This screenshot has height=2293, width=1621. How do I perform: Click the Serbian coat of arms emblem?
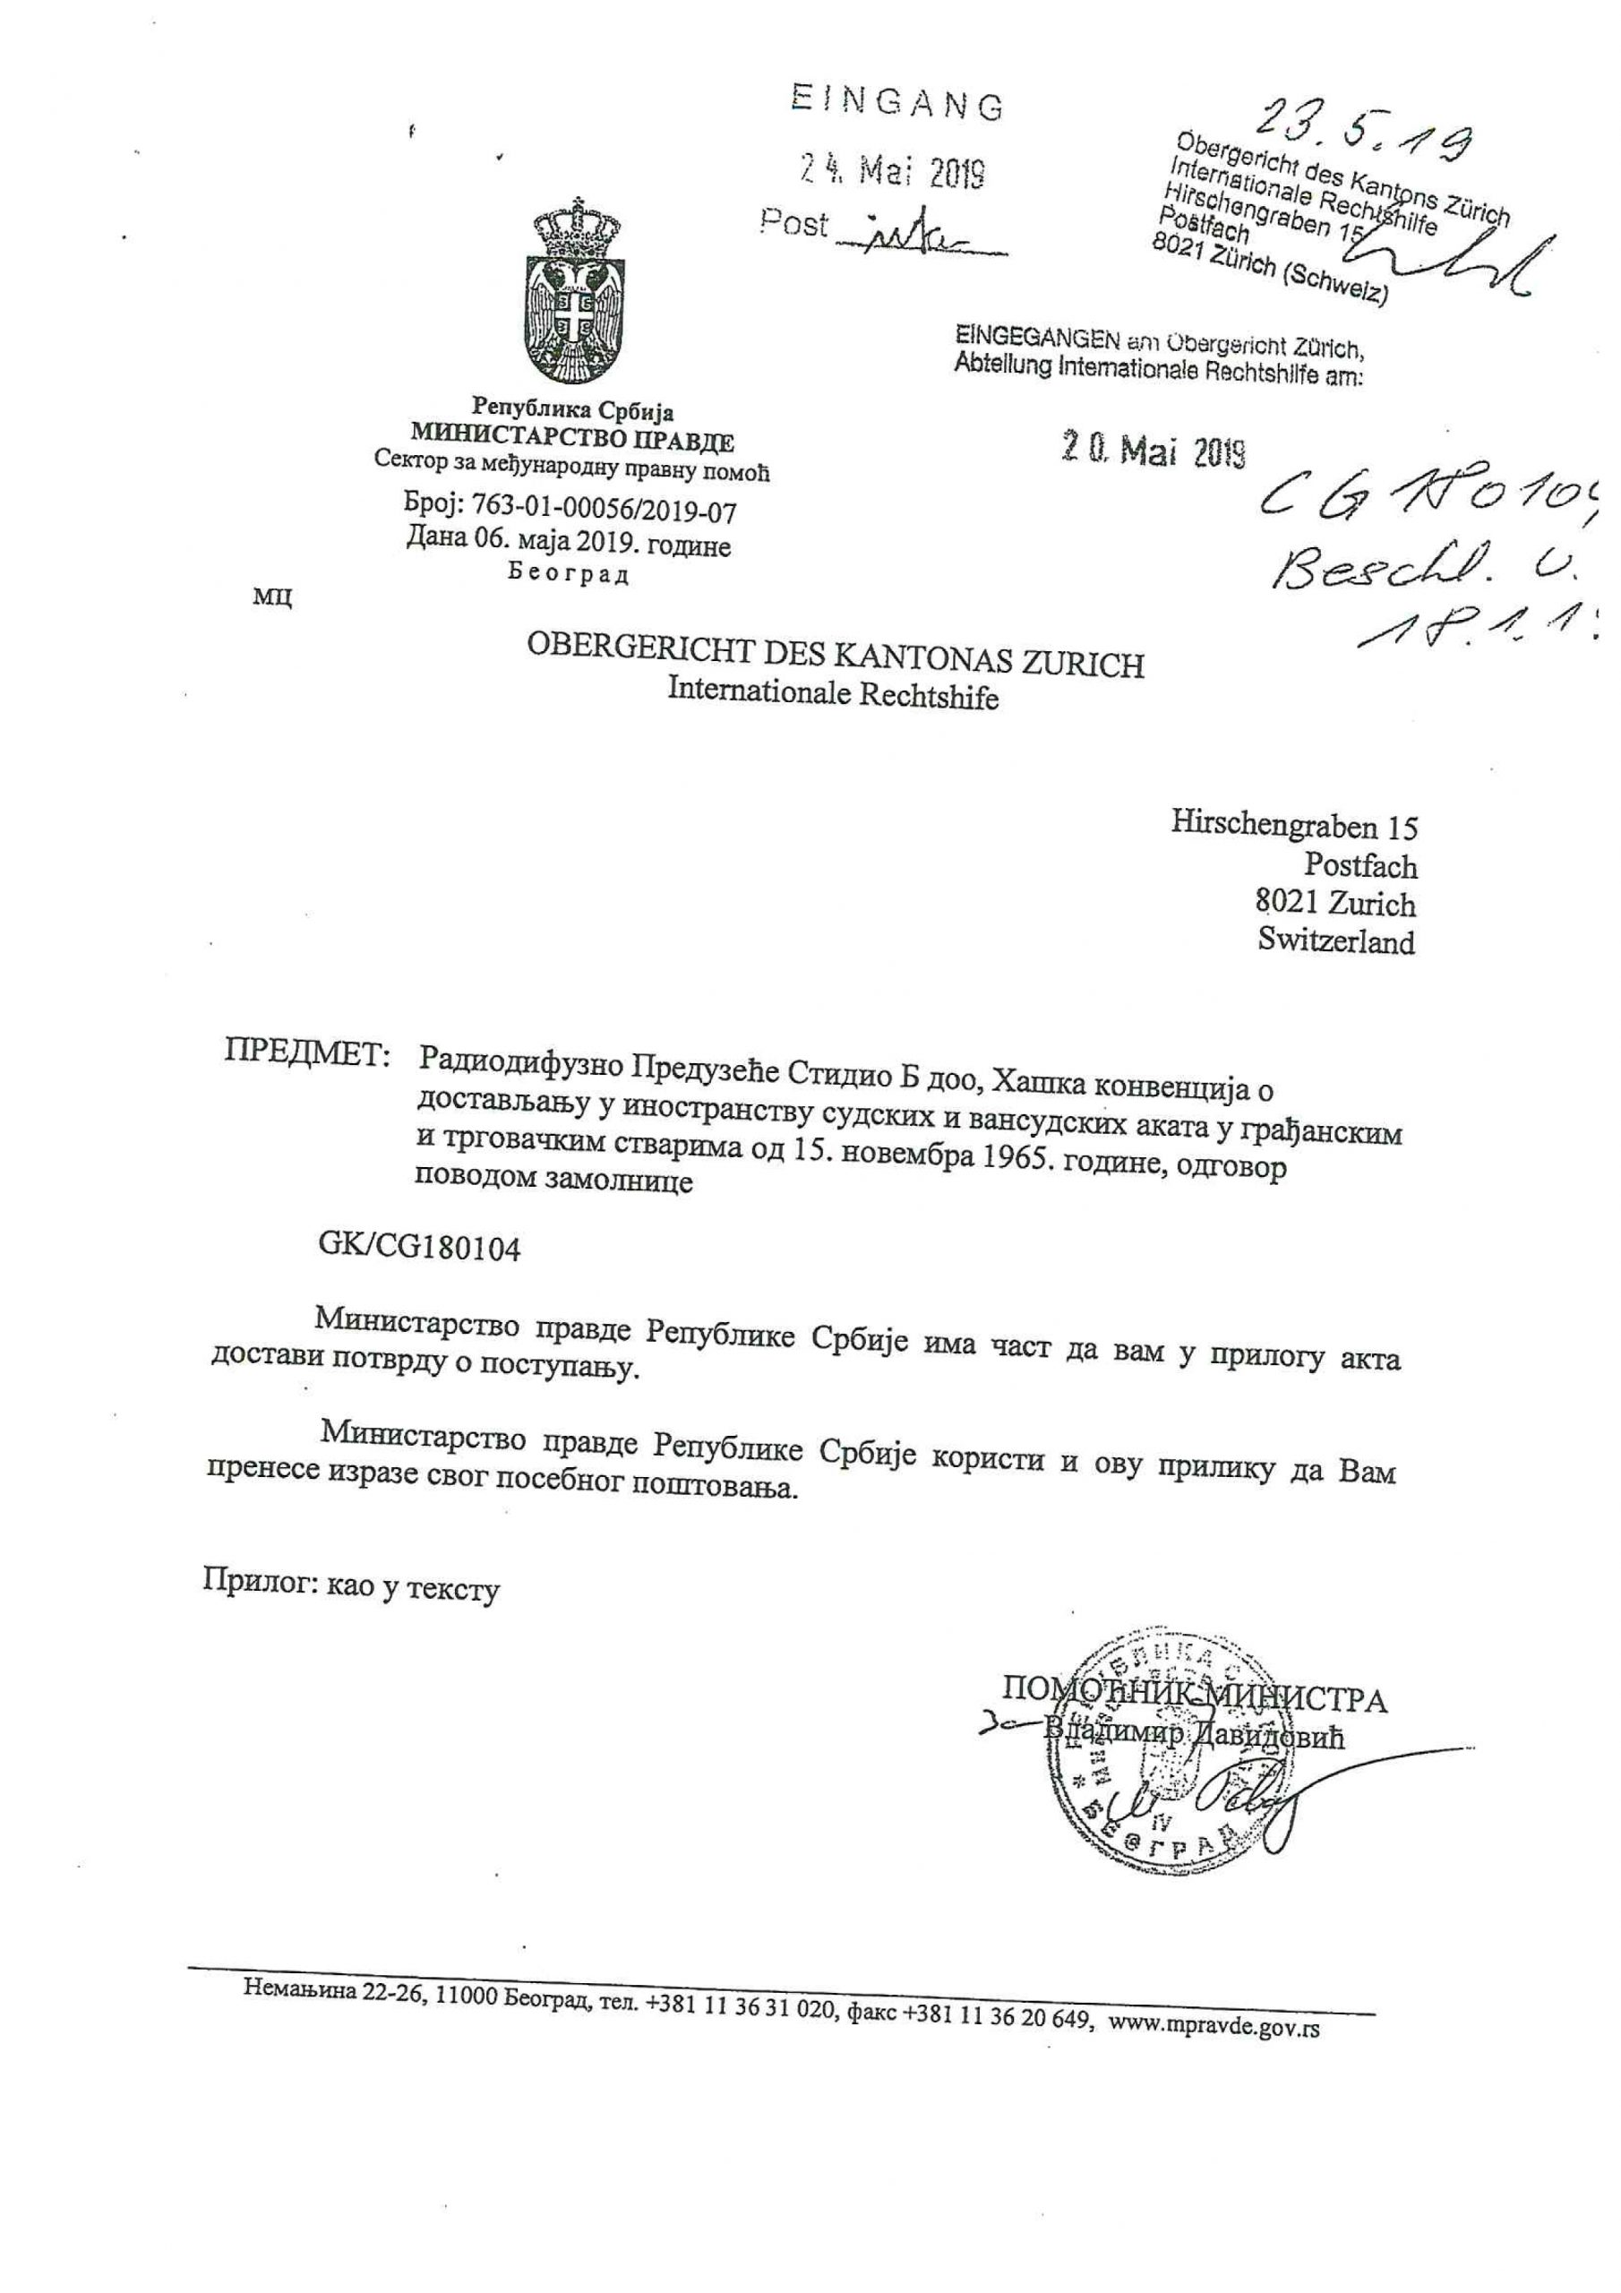(571, 299)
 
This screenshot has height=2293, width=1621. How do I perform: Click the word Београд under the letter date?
(569, 575)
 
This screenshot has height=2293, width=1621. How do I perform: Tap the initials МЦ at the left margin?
(272, 597)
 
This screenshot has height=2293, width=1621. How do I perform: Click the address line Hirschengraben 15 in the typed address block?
(1293, 827)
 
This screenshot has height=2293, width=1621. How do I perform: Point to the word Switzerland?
(1335, 940)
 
